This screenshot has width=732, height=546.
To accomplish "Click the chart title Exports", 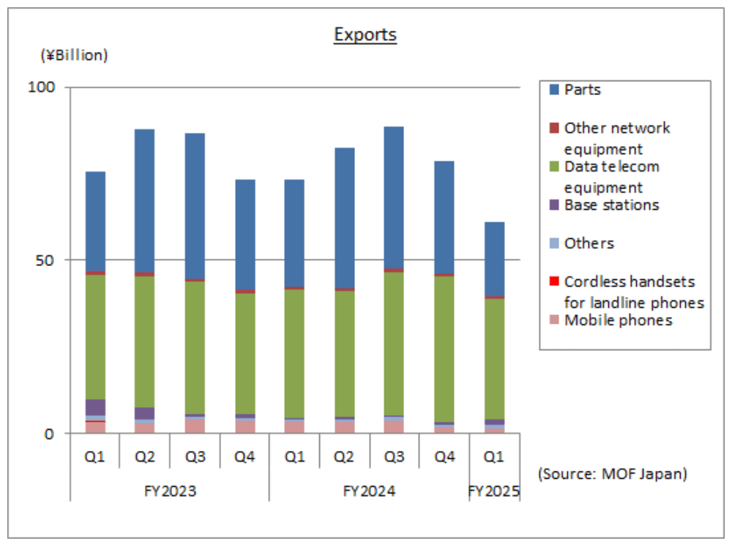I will [365, 34].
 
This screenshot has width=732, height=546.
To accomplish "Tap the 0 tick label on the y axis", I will [49, 433].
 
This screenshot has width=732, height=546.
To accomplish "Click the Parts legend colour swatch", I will [554, 90].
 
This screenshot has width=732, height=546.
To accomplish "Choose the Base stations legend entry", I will [610, 205].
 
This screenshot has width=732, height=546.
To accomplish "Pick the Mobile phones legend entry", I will [617, 321].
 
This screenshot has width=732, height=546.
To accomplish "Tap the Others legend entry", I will [588, 243].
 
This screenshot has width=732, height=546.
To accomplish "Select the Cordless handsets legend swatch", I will [554, 282].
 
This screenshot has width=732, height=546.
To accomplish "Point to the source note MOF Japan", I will [613, 474].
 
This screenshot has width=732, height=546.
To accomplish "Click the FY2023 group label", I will [170, 491].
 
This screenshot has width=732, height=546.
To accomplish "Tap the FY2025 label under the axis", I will [494, 491].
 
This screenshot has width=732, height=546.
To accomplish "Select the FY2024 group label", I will [369, 491].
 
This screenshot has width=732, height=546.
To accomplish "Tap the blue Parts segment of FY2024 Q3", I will [394, 197].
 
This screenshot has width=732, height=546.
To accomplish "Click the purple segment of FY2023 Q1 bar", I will [95, 407].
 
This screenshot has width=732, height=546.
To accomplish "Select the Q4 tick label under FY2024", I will [444, 458].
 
